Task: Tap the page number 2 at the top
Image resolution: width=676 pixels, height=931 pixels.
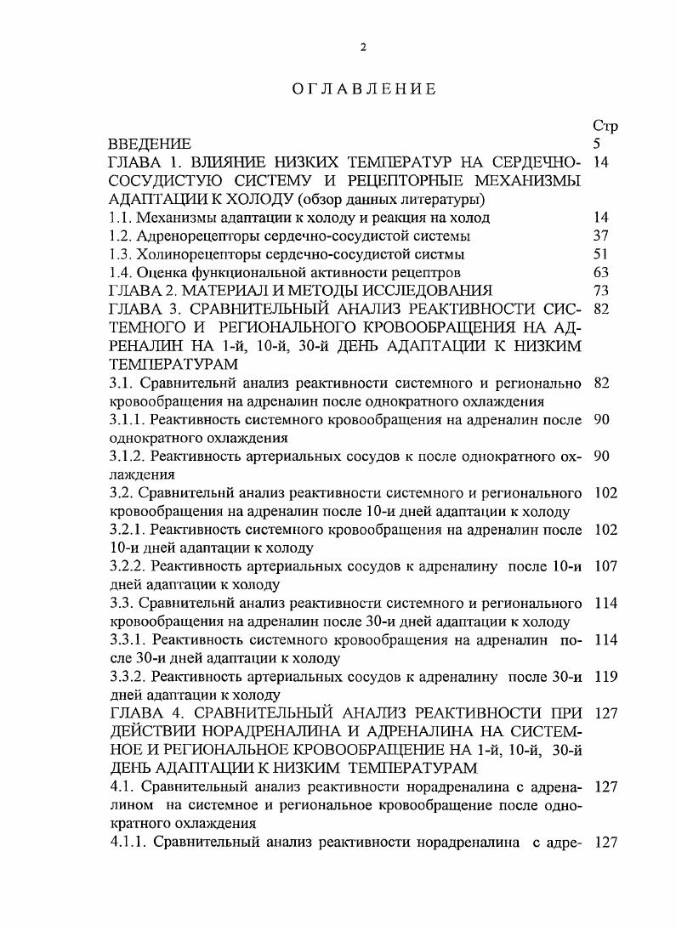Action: click(363, 48)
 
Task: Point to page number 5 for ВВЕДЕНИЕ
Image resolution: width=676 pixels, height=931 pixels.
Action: click(596, 144)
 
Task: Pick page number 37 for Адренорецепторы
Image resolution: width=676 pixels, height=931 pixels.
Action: click(601, 236)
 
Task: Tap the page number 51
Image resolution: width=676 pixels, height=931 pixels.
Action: click(601, 254)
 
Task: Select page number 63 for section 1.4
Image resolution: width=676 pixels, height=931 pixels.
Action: click(601, 273)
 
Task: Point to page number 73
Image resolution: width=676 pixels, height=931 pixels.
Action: click(601, 292)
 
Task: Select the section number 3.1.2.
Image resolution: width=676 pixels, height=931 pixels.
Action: click(128, 457)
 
